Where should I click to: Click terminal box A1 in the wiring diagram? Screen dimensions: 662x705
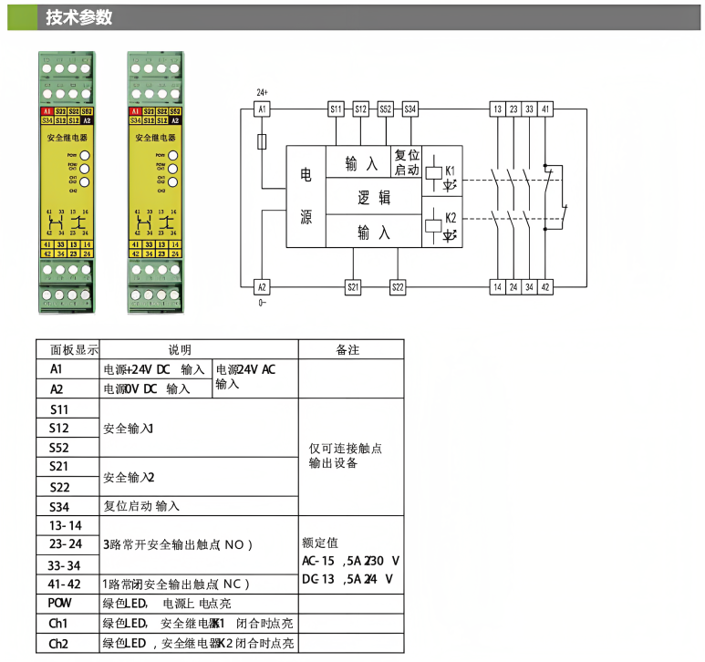click(262, 109)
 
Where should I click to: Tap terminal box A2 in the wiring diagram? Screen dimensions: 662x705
click(262, 287)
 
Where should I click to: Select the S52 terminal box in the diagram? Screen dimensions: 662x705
click(386, 109)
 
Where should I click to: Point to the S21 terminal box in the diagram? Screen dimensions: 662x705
click(354, 287)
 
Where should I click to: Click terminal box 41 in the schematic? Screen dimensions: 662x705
click(545, 109)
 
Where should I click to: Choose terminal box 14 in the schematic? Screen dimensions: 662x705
click(497, 287)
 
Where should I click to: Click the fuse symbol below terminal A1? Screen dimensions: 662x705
click(262, 141)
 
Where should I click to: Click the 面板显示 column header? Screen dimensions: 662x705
click(67, 349)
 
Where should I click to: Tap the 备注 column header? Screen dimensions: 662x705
click(350, 349)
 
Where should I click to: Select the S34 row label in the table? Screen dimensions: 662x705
click(60, 506)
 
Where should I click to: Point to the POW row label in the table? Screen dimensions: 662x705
click(60, 603)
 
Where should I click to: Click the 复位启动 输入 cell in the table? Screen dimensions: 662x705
click(141, 506)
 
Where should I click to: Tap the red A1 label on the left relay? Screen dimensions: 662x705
click(46, 111)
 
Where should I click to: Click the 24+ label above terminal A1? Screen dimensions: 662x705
click(262, 92)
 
